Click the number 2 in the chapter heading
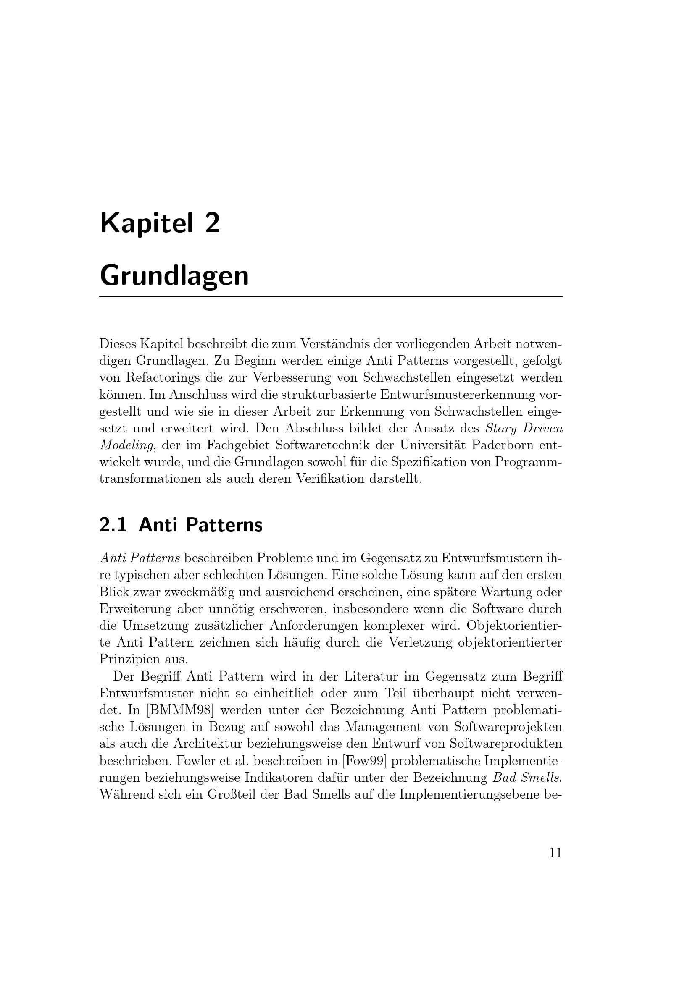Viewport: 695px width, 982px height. click(212, 224)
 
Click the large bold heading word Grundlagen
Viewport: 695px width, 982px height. click(174, 276)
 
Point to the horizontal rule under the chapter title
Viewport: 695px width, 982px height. click(330, 296)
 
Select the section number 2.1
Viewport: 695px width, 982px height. click(113, 525)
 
